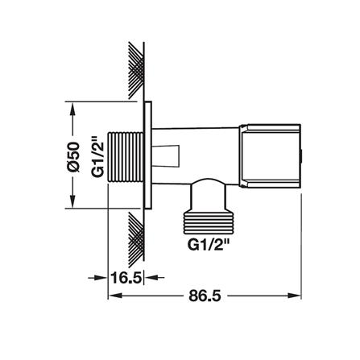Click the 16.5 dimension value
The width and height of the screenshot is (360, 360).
[x=126, y=277]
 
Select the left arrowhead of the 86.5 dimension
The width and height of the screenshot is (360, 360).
[x=113, y=296]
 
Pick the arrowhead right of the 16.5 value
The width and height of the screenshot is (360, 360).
[x=151, y=278]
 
